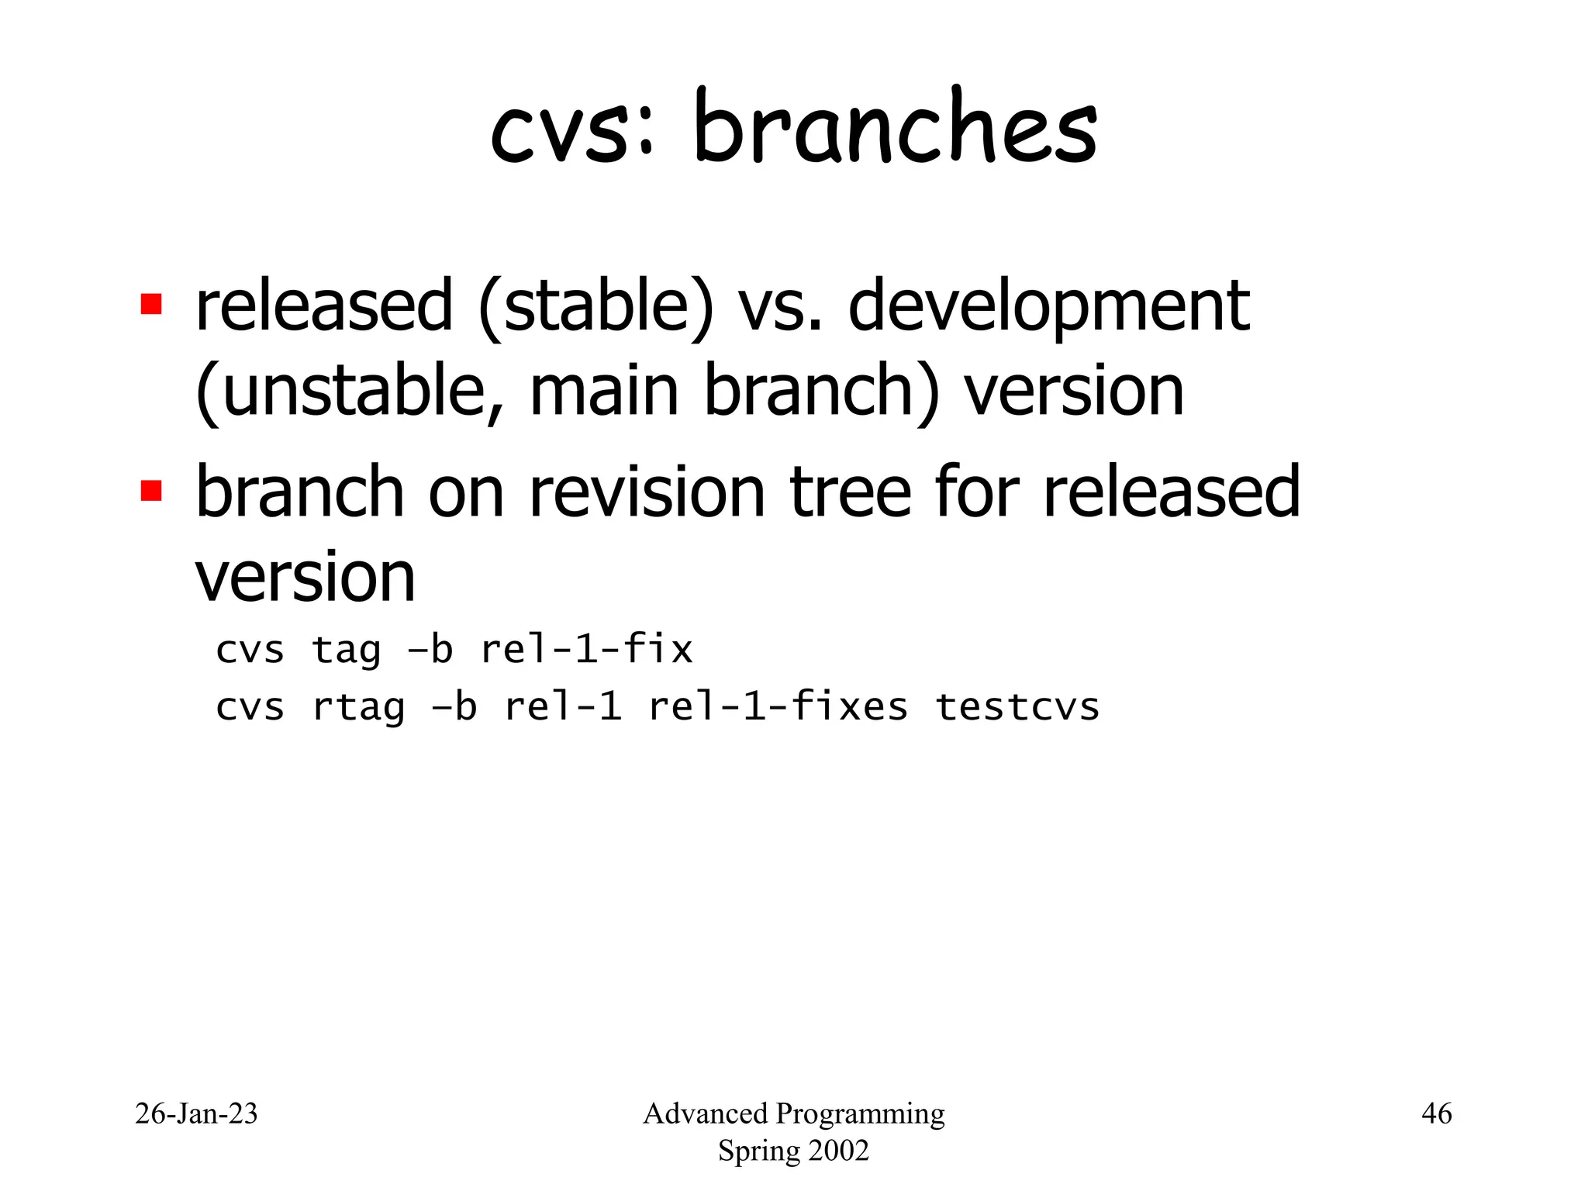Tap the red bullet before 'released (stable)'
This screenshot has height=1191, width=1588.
tap(151, 304)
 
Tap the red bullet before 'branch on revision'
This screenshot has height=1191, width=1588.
tap(151, 491)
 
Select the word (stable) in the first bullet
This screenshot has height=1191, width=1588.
tap(595, 307)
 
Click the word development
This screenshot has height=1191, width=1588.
tap(1048, 309)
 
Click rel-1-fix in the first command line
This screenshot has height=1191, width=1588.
tap(586, 649)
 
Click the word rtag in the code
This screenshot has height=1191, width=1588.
tap(358, 708)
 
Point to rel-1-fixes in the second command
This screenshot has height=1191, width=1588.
tap(778, 706)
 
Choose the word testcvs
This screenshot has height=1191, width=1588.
tap(1017, 706)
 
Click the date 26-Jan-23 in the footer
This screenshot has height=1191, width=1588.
tap(196, 1113)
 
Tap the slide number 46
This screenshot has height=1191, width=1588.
tap(1436, 1113)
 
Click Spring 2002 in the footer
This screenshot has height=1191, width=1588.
tap(793, 1151)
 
